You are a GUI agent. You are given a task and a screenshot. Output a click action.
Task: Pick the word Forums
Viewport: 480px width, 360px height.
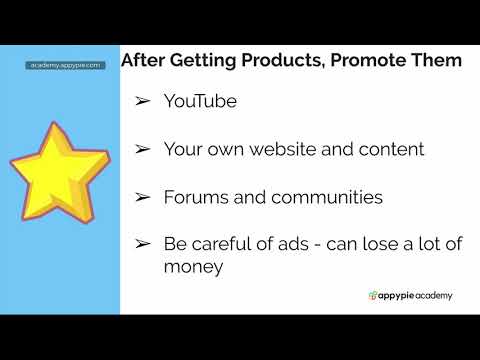coord(195,197)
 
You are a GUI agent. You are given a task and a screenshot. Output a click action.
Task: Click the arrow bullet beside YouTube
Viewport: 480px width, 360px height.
coord(143,101)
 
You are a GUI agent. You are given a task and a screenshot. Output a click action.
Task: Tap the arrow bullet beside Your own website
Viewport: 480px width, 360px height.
coord(143,149)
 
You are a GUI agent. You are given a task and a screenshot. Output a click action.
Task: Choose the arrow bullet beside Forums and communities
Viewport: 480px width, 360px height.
coord(143,197)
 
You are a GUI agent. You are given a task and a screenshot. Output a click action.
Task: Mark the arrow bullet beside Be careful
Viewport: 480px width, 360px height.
coord(143,245)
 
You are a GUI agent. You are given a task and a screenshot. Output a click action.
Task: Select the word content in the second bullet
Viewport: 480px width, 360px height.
coord(391,149)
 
